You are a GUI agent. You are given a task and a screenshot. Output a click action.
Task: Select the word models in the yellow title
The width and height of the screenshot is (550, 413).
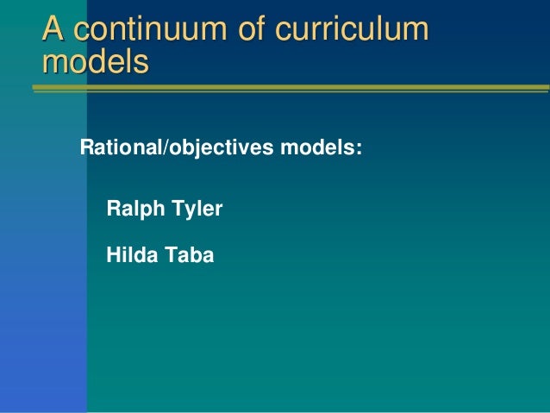(95, 61)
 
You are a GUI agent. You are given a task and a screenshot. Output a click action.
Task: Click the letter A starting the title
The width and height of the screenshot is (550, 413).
(54, 29)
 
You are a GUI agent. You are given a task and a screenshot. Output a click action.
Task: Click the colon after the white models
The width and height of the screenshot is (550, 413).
(358, 149)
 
